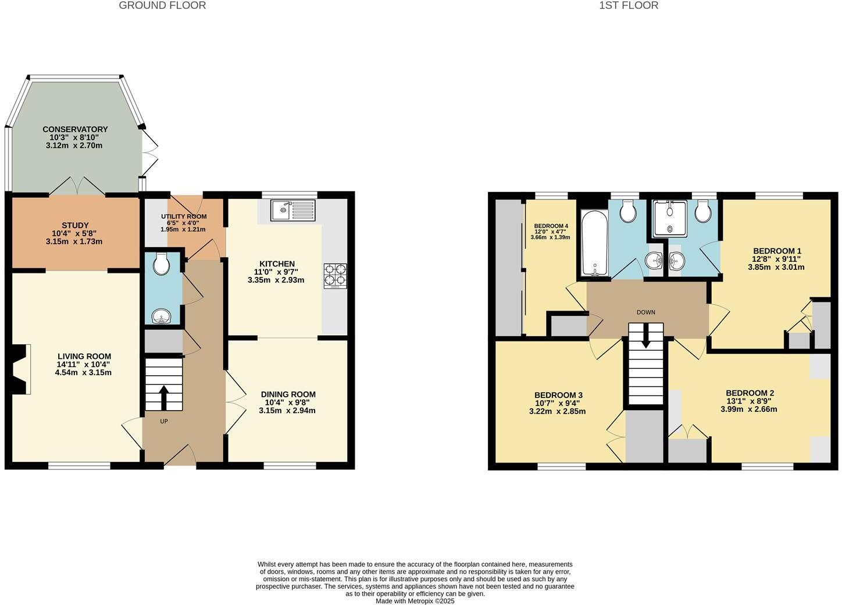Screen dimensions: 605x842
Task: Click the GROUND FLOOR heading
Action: [x=162, y=6]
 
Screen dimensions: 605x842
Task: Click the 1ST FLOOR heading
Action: [x=629, y=6]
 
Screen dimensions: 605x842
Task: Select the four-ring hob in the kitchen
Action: [x=335, y=276]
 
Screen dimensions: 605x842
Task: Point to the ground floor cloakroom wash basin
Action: [x=161, y=316]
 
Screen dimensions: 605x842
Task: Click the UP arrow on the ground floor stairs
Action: [x=163, y=397]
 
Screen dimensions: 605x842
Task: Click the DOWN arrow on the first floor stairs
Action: [x=645, y=337]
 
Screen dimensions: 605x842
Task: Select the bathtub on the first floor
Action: [x=593, y=243]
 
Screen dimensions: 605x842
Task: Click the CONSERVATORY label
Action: [x=75, y=129]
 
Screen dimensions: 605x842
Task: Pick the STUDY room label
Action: [x=75, y=225]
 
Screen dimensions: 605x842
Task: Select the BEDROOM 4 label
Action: [x=551, y=226]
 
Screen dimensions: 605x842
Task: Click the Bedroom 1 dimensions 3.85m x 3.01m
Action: [x=776, y=268]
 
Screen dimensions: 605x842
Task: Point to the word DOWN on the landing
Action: [x=645, y=312]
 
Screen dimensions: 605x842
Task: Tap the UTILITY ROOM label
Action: [x=184, y=216]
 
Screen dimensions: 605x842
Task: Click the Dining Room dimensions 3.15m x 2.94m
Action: [x=287, y=411]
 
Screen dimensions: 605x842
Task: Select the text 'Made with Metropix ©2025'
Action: [x=415, y=601]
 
